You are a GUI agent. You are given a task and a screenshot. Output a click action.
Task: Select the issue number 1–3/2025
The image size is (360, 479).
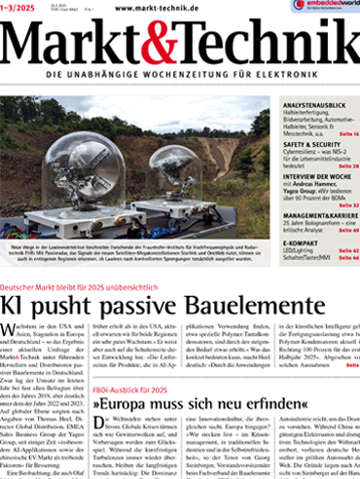click(30, 8)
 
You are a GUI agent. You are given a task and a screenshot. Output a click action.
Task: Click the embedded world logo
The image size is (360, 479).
click(325, 6)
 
